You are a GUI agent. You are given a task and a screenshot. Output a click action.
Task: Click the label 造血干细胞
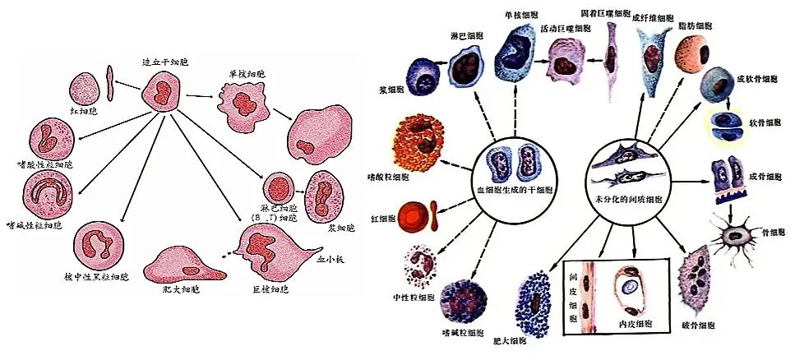pos(164,62)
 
